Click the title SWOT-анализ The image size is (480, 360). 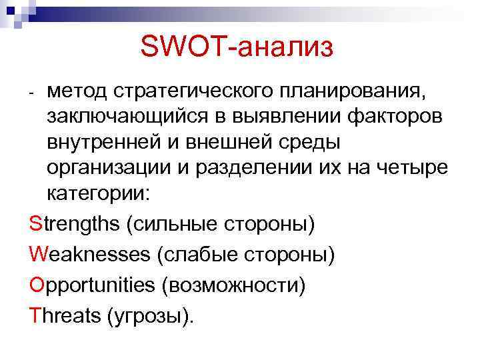(x=236, y=46)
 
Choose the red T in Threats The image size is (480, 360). (x=35, y=316)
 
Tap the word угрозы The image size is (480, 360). (x=149, y=316)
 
